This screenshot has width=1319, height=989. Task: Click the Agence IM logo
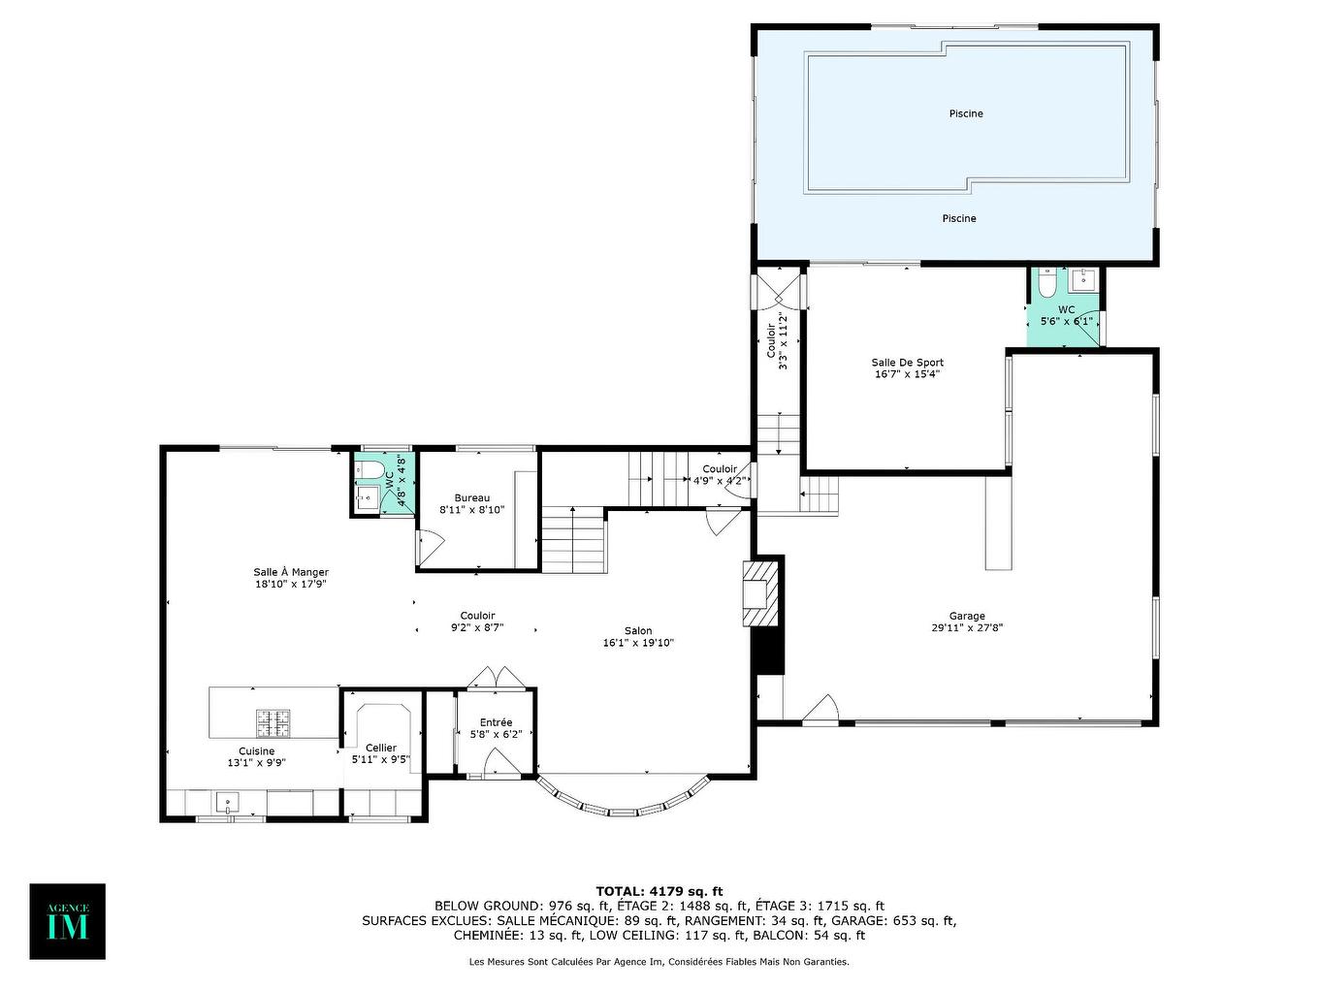(x=67, y=921)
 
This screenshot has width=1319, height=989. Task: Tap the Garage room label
(x=967, y=616)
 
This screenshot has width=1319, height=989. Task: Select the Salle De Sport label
(x=907, y=363)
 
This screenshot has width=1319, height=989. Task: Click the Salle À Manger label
(x=291, y=572)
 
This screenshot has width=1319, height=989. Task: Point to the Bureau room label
(x=472, y=497)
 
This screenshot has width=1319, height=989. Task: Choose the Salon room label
(x=638, y=630)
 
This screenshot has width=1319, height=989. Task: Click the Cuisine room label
(x=256, y=750)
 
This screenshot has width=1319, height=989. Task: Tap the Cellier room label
(x=381, y=748)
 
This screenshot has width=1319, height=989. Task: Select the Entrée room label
(x=496, y=722)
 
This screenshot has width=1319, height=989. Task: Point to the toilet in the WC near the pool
(x=1046, y=283)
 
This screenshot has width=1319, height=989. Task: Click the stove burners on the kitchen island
(x=273, y=721)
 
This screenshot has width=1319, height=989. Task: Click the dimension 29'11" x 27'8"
(x=967, y=628)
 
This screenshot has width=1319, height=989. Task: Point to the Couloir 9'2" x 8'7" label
(x=477, y=622)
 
